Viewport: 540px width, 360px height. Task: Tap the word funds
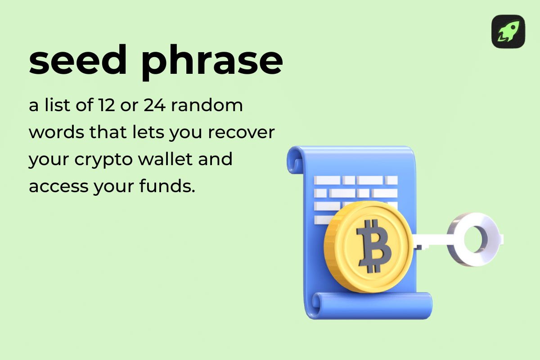click(166, 186)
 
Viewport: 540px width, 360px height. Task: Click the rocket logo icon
click(508, 31)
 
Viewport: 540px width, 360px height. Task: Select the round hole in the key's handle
click(475, 238)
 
